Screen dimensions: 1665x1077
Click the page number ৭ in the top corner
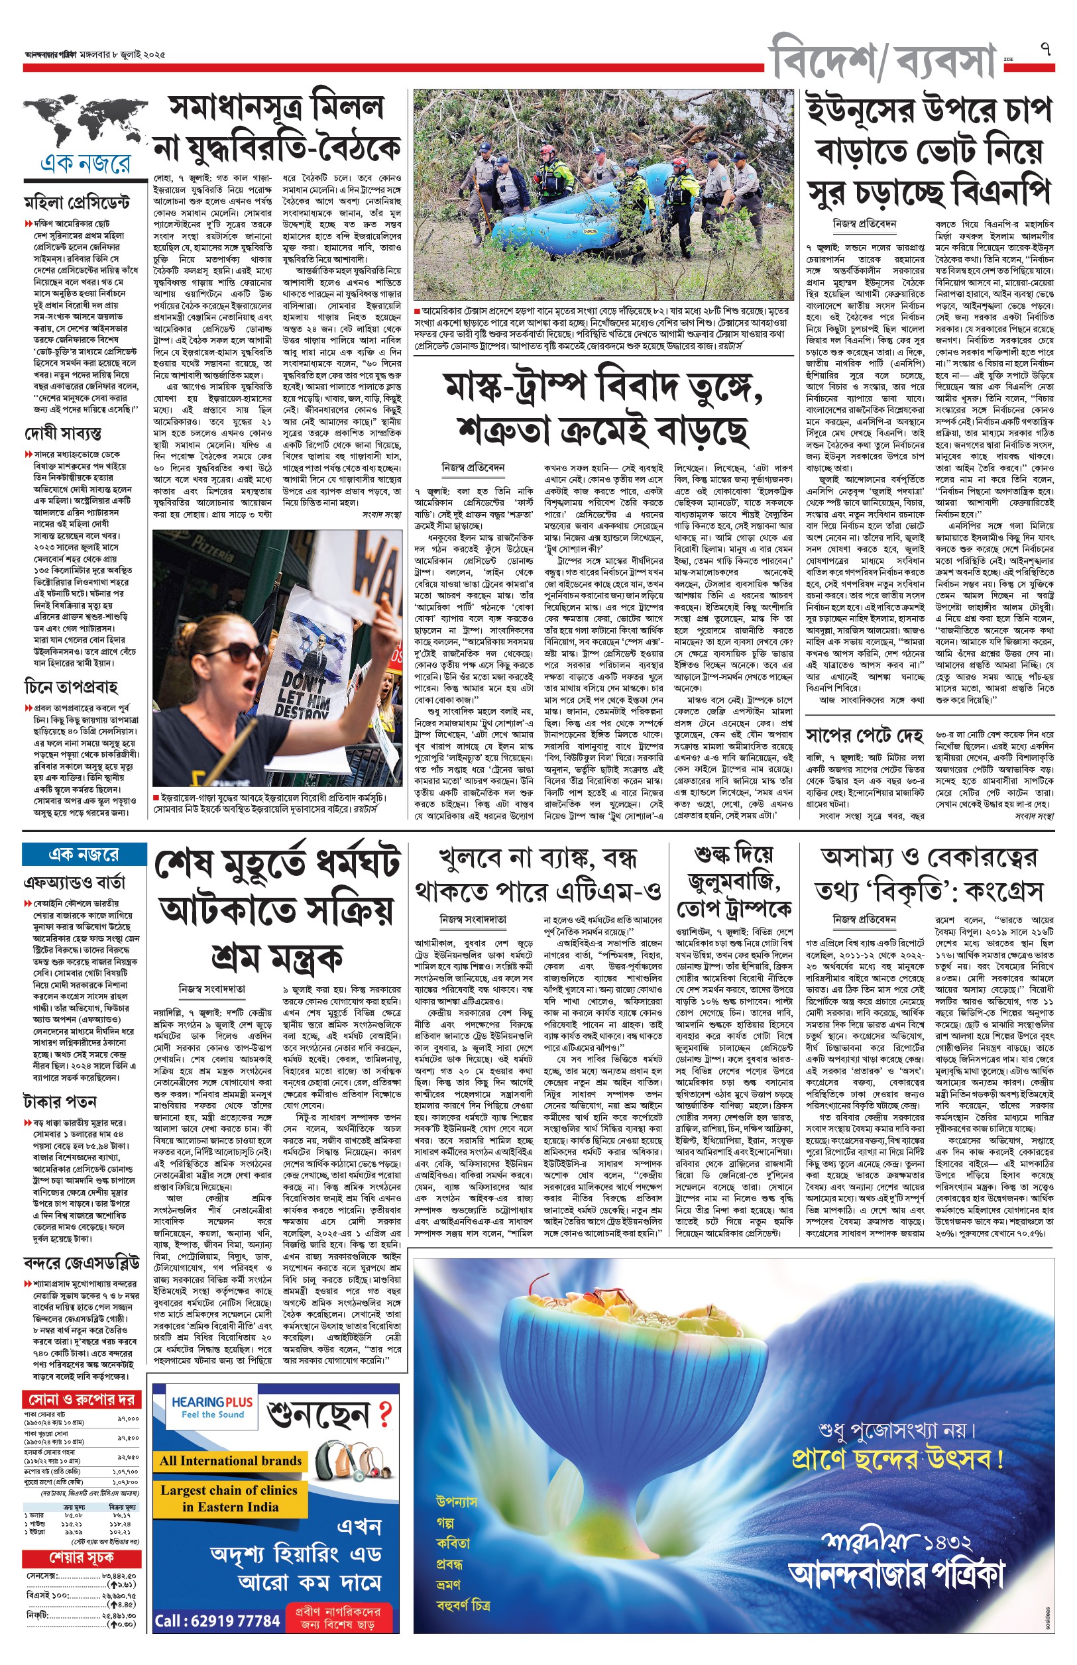[x=1046, y=50]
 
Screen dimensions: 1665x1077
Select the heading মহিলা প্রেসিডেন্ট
[x=77, y=203]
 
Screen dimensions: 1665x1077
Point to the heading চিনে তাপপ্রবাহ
[x=72, y=686]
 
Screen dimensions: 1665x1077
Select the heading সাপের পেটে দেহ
[x=864, y=736]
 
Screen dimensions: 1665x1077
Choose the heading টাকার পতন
[x=60, y=1102]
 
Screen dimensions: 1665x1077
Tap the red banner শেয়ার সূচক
[x=82, y=1558]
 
